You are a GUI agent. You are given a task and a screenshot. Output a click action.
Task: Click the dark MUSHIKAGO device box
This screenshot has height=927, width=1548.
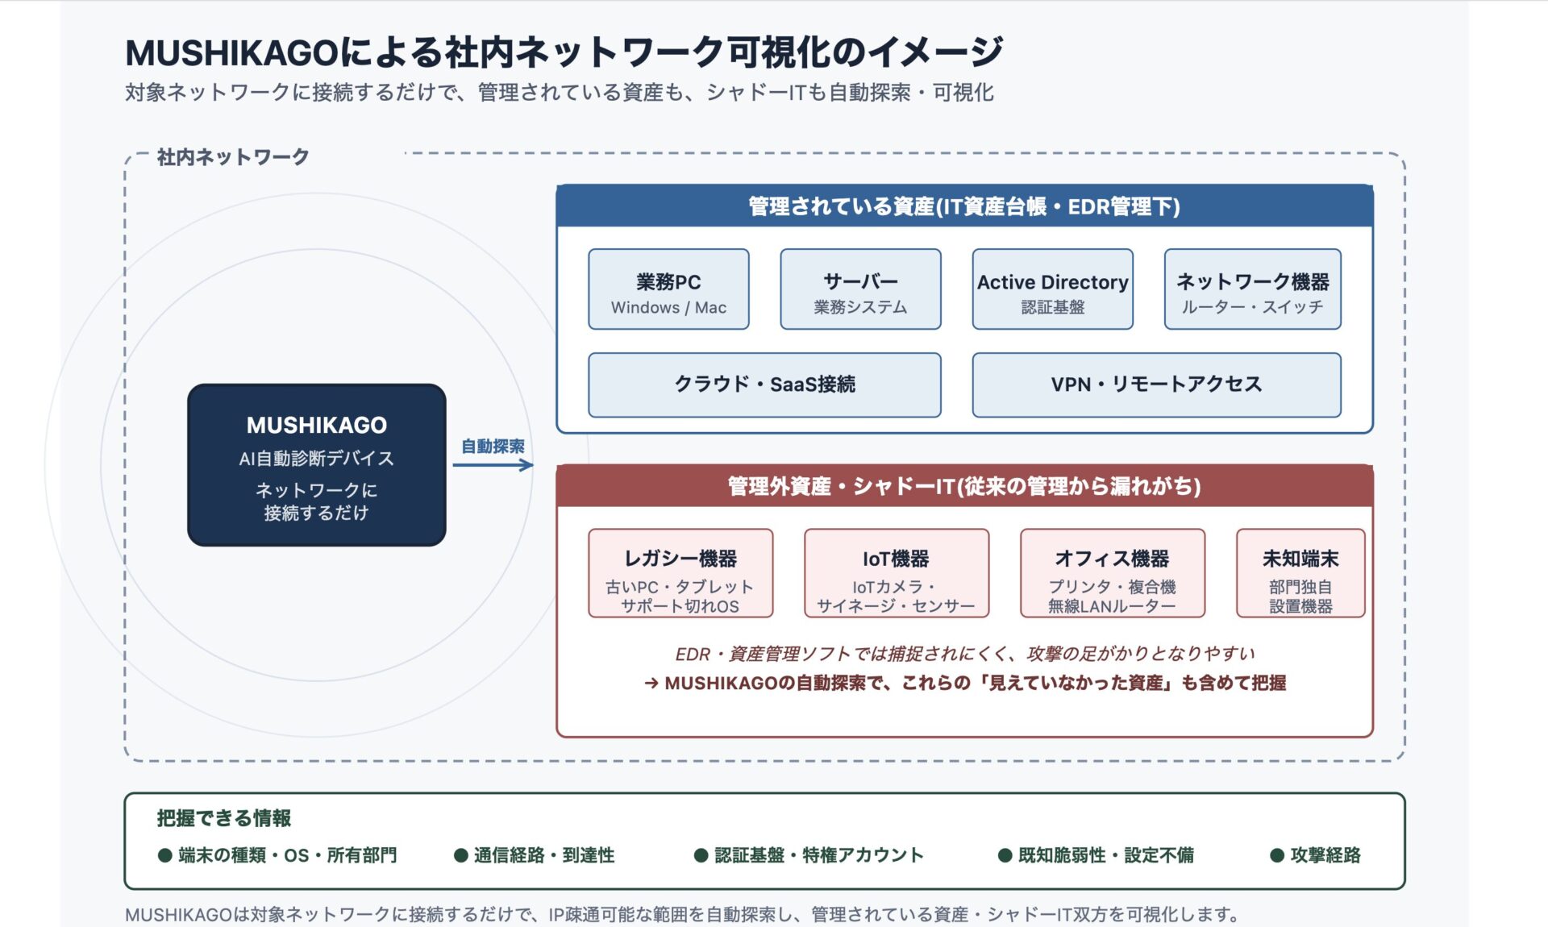[316, 465]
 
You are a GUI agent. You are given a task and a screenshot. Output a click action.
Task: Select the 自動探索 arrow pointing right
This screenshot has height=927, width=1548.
[493, 465]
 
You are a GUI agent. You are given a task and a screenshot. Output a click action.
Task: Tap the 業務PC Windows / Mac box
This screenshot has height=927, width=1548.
[668, 289]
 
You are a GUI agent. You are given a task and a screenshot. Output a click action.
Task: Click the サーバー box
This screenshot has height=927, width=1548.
[860, 289]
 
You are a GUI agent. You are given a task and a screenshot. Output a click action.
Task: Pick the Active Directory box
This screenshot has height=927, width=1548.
[1052, 289]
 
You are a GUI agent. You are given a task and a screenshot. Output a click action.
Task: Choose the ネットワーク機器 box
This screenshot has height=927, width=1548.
[1252, 289]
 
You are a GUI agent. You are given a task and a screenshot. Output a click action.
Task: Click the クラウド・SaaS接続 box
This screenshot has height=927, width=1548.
[764, 385]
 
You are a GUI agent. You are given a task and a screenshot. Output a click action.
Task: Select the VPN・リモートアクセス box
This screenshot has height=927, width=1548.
[1156, 385]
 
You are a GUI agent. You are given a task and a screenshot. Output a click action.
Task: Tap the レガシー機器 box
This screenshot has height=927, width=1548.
[680, 573]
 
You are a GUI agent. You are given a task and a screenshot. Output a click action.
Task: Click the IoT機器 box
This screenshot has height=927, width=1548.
[896, 573]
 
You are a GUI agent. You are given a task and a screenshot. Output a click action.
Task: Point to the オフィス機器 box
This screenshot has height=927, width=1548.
[1112, 573]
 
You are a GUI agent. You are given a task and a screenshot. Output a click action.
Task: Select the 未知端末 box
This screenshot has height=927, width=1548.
[1300, 573]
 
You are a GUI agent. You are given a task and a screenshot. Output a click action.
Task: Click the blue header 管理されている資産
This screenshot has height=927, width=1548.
[964, 206]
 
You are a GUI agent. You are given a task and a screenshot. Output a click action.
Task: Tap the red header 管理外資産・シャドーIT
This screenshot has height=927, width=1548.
[964, 486]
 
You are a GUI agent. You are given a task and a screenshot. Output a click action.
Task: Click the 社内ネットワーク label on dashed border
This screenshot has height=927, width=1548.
[233, 156]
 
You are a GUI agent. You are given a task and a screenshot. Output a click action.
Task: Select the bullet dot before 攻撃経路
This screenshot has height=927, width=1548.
[1276, 855]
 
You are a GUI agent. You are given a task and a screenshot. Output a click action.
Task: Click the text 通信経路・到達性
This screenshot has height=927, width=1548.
[543, 855]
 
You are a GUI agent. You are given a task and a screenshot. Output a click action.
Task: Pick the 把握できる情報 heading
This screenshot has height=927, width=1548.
[224, 818]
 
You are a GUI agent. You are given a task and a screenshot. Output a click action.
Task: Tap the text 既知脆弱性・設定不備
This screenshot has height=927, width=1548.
[1105, 855]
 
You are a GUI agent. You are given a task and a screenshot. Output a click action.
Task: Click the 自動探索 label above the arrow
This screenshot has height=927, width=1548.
[493, 446]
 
